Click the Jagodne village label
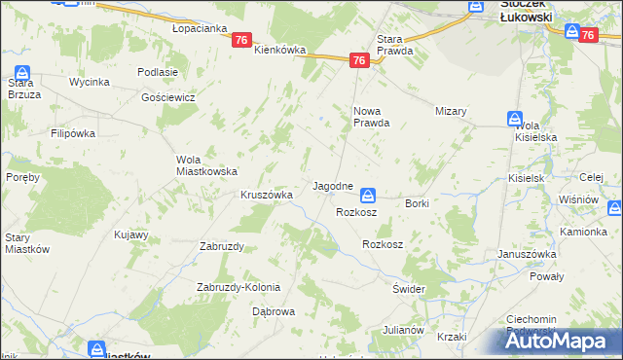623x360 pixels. [x=332, y=185]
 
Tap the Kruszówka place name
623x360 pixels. [x=267, y=195]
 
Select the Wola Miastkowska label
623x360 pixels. [x=206, y=165]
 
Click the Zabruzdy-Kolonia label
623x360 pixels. [x=238, y=287]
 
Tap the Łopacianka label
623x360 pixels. [x=199, y=29]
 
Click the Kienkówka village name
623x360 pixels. [x=280, y=50]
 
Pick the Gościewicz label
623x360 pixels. [x=168, y=98]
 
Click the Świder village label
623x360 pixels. [x=409, y=290]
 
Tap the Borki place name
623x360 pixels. [x=417, y=203]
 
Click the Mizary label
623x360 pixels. [x=452, y=111]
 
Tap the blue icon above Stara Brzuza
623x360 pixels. [x=22, y=73]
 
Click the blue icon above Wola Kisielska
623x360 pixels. [x=514, y=119]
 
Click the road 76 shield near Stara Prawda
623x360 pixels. [x=359, y=60]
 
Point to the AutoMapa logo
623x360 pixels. [x=565, y=341]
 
